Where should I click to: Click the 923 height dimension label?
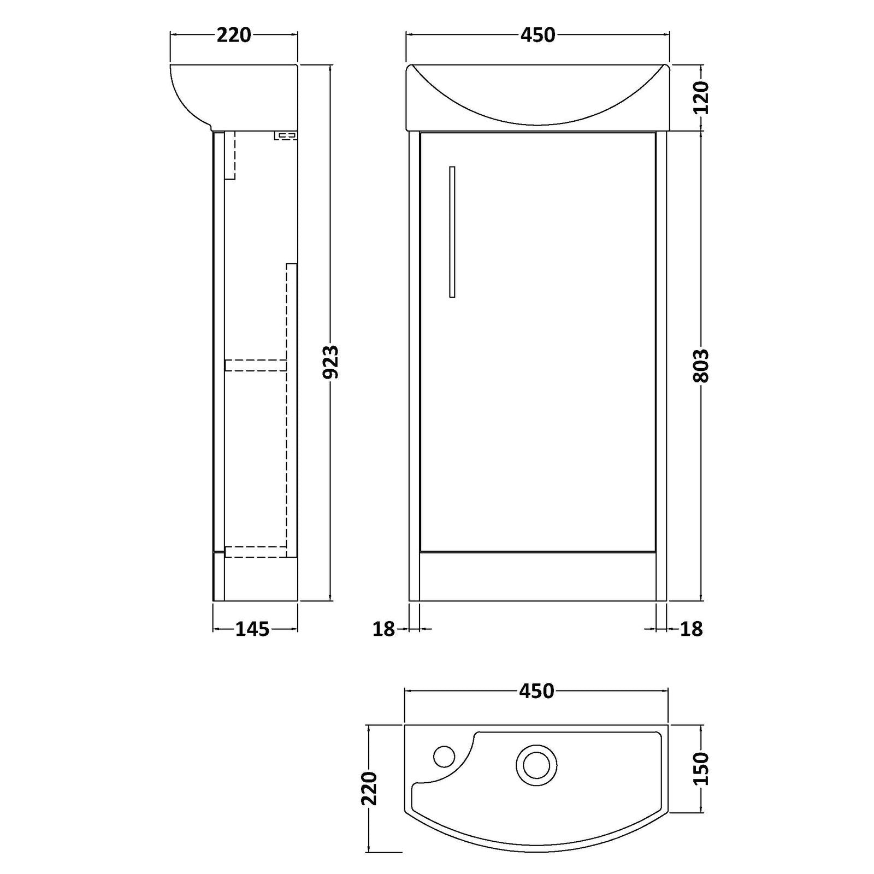(x=331, y=362)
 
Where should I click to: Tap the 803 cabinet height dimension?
(x=701, y=365)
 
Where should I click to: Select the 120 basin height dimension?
(x=701, y=97)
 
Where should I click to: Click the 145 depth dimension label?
(x=252, y=629)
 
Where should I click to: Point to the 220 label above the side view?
(x=234, y=35)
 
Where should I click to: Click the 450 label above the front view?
(x=538, y=35)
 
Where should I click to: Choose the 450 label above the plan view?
(x=536, y=691)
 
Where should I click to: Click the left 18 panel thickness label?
(x=383, y=629)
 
